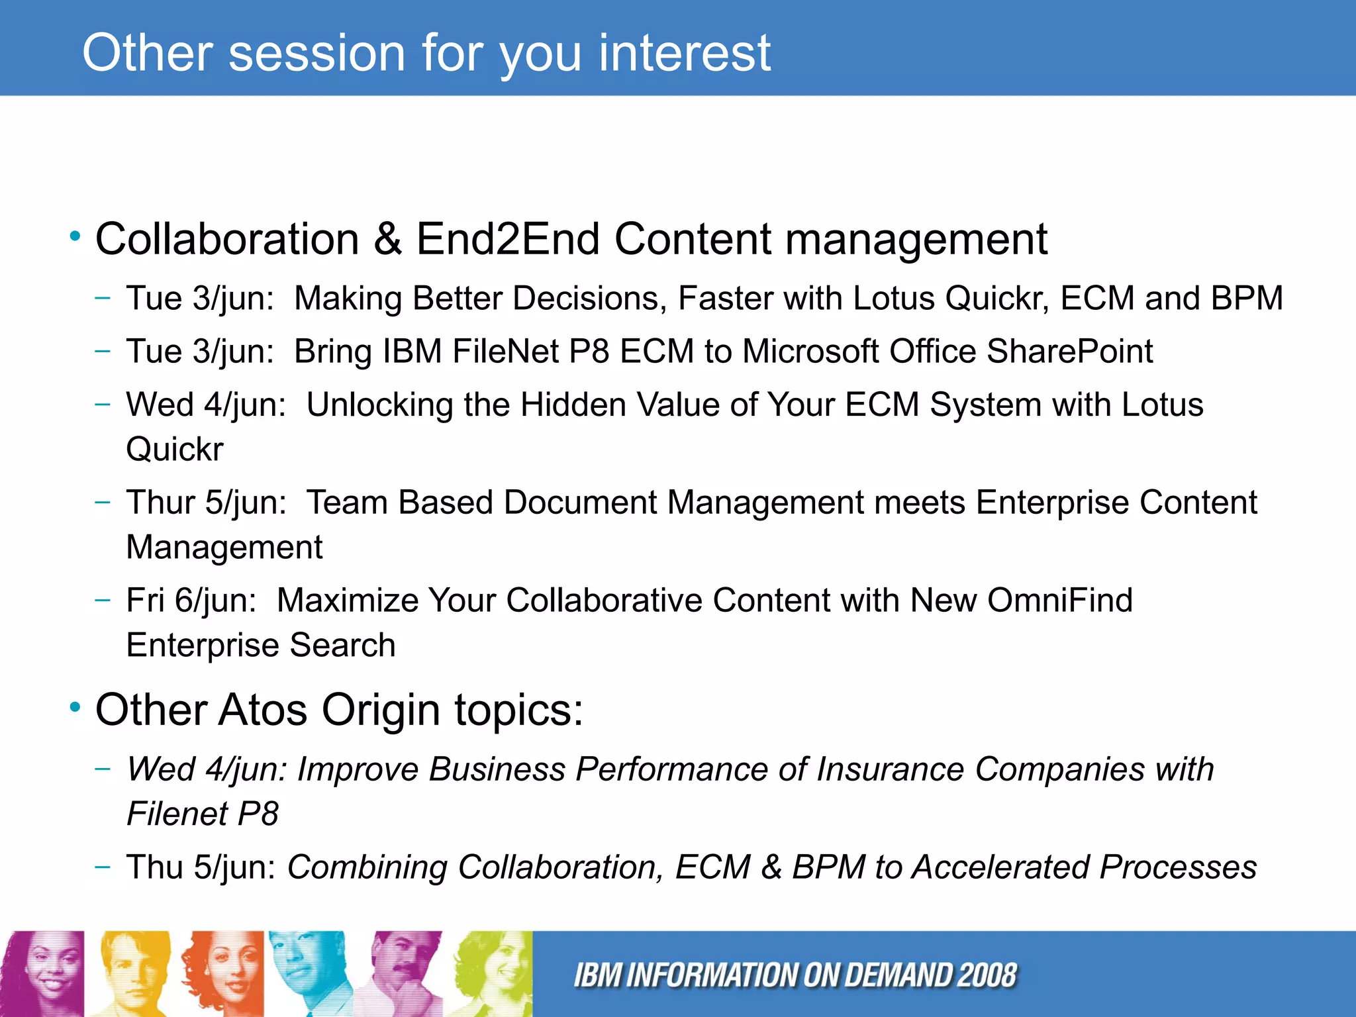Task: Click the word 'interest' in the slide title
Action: [685, 52]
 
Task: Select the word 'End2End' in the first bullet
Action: [507, 238]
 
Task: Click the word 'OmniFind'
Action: [1059, 600]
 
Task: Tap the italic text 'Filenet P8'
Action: [203, 814]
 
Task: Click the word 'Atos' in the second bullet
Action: [262, 710]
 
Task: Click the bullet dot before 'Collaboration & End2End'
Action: [75, 236]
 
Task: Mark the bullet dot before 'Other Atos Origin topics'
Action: [75, 708]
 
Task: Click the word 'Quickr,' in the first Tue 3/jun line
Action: [997, 298]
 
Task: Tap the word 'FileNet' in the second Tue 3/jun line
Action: [506, 351]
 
